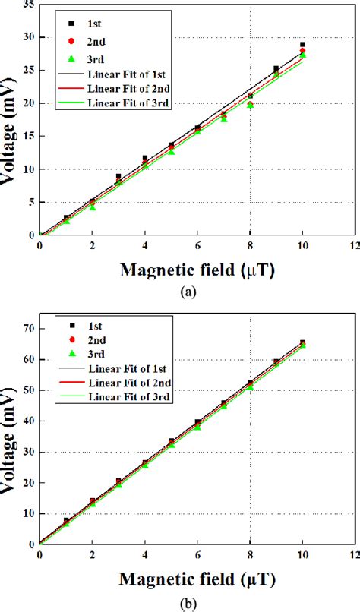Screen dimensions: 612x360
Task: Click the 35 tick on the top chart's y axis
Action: (x=29, y=5)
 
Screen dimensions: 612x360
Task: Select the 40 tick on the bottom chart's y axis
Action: (x=29, y=421)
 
